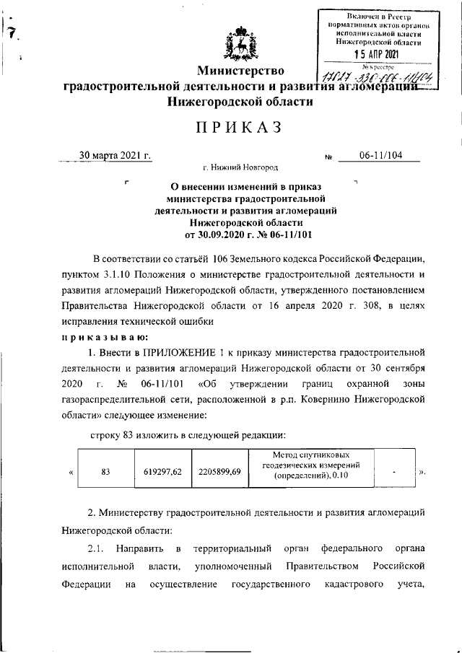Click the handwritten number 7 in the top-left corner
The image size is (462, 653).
(12, 31)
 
